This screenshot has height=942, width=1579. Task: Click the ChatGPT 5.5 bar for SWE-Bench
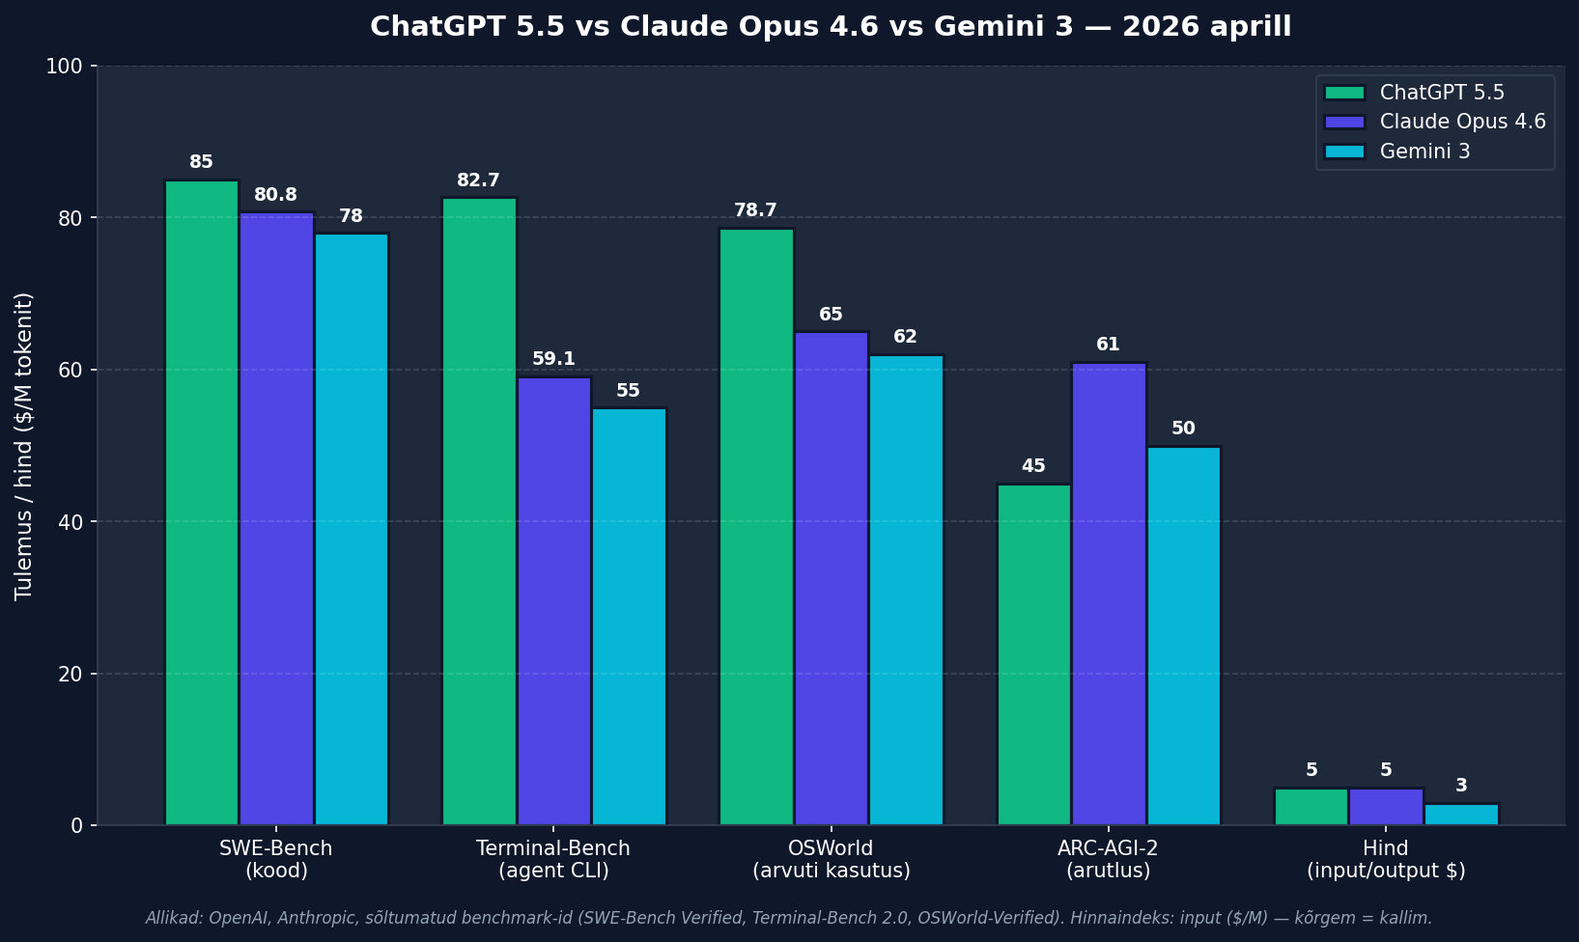pyautogui.click(x=202, y=502)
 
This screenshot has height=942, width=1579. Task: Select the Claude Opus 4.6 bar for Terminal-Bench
pyautogui.click(x=554, y=601)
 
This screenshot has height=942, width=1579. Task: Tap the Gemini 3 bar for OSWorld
pyautogui.click(x=906, y=590)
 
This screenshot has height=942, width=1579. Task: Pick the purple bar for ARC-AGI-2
pyautogui.click(x=1109, y=594)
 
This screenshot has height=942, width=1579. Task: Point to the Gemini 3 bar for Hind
pyautogui.click(x=1461, y=814)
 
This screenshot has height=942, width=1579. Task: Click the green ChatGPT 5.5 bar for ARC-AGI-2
pyautogui.click(x=1034, y=654)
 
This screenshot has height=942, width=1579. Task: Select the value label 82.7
pyautogui.click(x=478, y=180)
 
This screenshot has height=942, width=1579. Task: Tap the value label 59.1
pyautogui.click(x=553, y=359)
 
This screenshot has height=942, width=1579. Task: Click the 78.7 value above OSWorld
pyautogui.click(x=755, y=210)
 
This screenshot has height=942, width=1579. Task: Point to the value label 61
pyautogui.click(x=1108, y=344)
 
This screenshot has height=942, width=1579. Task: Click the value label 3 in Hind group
pyautogui.click(x=1461, y=785)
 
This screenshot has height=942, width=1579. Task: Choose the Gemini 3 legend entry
pyautogui.click(x=1424, y=152)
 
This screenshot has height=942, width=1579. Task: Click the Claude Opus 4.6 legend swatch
pyautogui.click(x=1345, y=122)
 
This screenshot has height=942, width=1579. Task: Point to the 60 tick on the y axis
pyautogui.click(x=70, y=370)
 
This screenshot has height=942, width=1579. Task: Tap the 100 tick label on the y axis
pyautogui.click(x=64, y=67)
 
